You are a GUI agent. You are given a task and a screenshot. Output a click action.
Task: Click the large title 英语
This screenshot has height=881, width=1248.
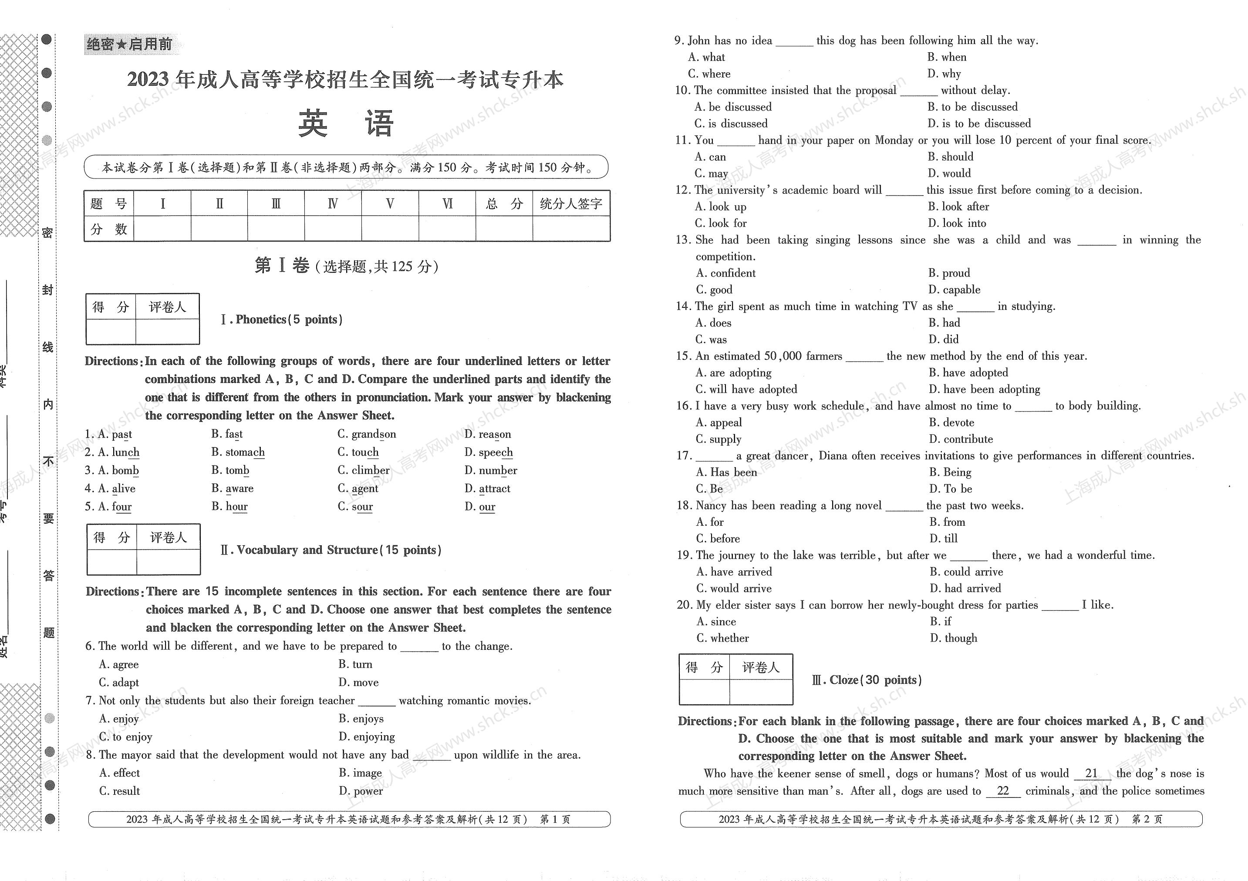click(x=346, y=123)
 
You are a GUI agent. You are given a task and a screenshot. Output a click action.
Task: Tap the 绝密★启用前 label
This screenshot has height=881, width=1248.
click(x=129, y=44)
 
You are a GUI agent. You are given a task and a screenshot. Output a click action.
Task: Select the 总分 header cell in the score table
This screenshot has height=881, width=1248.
click(x=504, y=203)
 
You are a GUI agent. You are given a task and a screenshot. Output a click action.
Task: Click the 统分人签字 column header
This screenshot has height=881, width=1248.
click(x=571, y=203)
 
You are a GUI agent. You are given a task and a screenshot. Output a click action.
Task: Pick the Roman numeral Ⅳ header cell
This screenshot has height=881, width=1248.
click(x=333, y=203)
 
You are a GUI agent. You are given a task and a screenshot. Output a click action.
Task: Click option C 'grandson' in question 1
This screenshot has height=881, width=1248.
click(x=367, y=434)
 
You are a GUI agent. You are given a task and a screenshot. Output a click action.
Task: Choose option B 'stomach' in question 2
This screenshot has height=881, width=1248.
click(x=238, y=452)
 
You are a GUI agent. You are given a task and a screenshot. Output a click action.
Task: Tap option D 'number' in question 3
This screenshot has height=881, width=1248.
click(x=491, y=470)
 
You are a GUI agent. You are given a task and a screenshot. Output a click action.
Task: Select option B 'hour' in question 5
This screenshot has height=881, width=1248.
click(x=229, y=506)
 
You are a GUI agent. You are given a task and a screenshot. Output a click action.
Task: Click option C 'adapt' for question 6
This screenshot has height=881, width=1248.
click(x=119, y=682)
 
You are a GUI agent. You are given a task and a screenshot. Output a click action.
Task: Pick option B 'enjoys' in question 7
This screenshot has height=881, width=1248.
click(x=361, y=719)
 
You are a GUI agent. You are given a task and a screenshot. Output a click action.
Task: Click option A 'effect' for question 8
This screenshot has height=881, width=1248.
click(x=120, y=773)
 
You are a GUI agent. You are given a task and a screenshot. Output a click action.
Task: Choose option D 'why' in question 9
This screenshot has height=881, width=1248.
click(x=944, y=73)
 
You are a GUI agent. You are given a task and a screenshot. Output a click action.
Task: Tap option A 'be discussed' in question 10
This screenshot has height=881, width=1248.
click(x=733, y=107)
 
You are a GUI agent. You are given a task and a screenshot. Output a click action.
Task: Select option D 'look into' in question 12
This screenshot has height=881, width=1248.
click(x=957, y=223)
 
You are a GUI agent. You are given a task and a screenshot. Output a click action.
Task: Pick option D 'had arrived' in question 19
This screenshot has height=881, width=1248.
click(x=965, y=588)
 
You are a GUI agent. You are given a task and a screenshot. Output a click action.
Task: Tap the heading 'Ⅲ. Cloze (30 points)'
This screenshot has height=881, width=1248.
click(x=867, y=680)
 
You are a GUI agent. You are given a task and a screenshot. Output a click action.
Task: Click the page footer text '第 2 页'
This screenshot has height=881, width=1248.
click(x=1147, y=819)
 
